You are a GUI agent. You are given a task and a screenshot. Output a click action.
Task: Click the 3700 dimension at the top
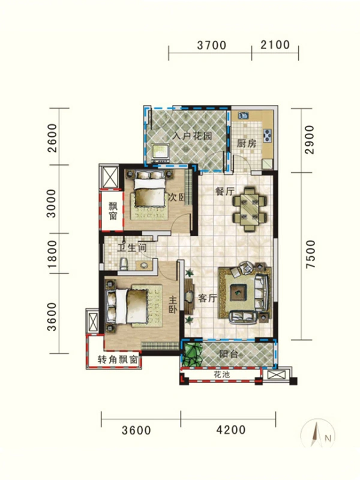(212, 46)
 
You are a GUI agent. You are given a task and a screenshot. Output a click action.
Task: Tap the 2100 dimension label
(275, 44)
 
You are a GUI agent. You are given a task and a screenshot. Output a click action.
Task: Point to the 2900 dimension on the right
(310, 140)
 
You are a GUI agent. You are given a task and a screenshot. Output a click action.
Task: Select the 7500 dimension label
(310, 254)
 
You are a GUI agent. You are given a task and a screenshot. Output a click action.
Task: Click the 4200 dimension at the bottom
(231, 430)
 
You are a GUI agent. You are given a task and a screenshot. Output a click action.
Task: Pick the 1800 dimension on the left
(52, 254)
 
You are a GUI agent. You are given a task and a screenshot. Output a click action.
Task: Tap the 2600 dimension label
(52, 138)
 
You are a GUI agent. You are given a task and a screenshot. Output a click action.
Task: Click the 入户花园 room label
(192, 136)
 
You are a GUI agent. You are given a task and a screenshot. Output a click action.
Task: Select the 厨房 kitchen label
(247, 143)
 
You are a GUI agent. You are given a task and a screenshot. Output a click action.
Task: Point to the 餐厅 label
(226, 191)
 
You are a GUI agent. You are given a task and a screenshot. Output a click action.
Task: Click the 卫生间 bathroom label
(132, 247)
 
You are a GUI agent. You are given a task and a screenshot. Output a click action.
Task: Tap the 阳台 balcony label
(229, 354)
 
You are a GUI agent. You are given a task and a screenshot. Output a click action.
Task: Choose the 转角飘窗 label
(118, 359)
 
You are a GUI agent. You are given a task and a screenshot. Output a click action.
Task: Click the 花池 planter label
(221, 374)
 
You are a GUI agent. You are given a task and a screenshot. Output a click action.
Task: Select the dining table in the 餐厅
(250, 209)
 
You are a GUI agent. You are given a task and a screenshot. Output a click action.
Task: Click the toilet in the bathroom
(124, 263)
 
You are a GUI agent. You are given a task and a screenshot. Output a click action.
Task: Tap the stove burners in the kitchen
(268, 136)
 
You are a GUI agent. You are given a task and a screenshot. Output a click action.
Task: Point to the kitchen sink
(244, 115)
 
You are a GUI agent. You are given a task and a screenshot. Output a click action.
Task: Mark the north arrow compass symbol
(318, 434)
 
